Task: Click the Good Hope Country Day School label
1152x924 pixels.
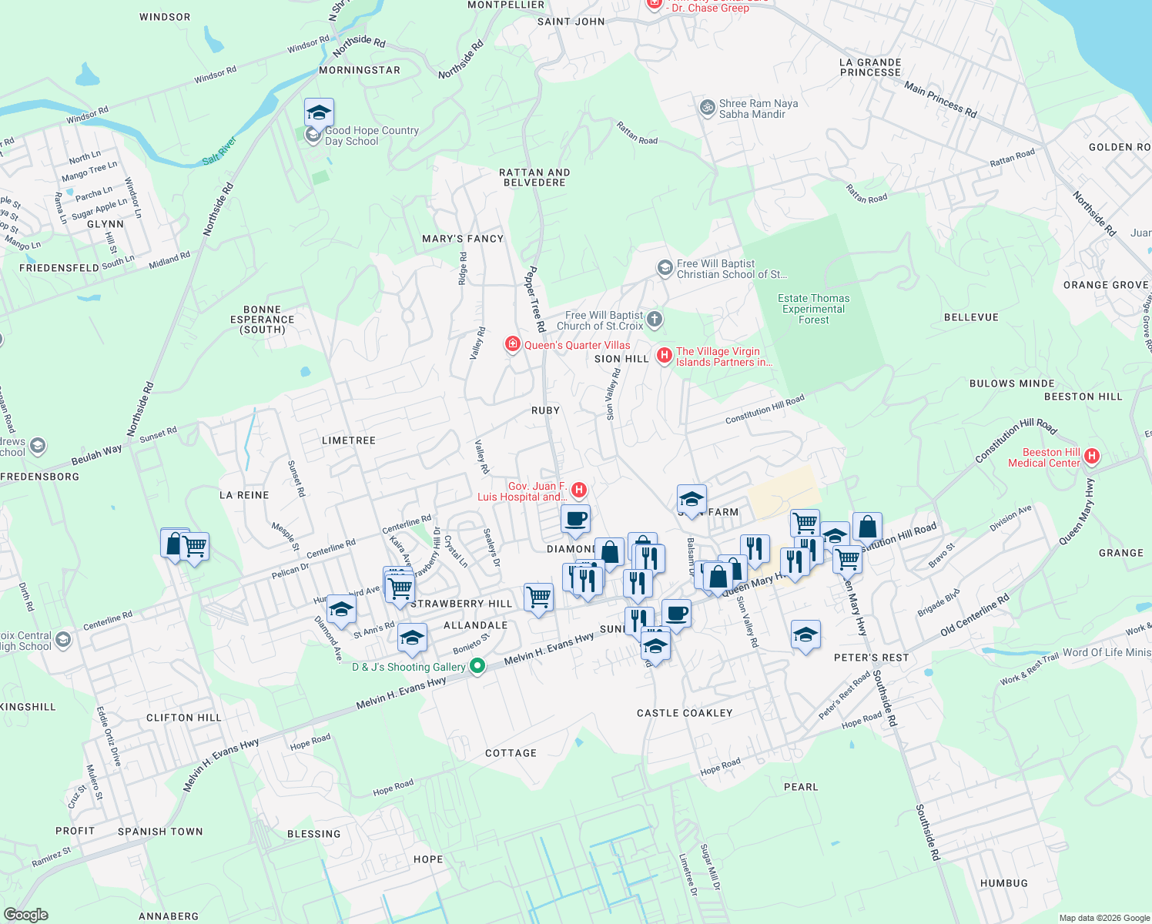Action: (x=371, y=136)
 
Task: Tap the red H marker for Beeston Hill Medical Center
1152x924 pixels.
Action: (x=1091, y=457)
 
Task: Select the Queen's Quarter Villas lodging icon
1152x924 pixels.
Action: (x=512, y=344)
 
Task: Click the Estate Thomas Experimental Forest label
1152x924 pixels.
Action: (x=813, y=309)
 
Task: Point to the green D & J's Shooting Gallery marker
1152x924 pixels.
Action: (x=477, y=666)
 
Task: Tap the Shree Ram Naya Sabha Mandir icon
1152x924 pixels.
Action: (x=706, y=108)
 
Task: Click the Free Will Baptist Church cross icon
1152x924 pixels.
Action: (x=654, y=319)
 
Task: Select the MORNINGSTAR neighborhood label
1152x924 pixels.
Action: (x=360, y=70)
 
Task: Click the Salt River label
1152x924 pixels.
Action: (x=219, y=150)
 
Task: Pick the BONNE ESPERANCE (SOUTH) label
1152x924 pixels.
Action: (x=262, y=320)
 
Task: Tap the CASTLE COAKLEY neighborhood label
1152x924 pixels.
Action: (x=685, y=713)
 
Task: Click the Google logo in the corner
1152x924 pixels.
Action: (x=26, y=915)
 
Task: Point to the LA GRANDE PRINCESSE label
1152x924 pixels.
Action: (x=870, y=68)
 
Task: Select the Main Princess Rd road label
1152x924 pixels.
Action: (x=940, y=101)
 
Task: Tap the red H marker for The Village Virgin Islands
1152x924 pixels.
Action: (x=664, y=356)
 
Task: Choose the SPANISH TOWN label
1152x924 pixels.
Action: (x=160, y=832)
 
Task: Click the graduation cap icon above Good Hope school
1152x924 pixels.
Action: (x=319, y=113)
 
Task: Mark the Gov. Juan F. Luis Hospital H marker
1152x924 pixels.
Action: (x=579, y=490)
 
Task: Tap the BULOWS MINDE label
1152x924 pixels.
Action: (x=1012, y=383)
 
